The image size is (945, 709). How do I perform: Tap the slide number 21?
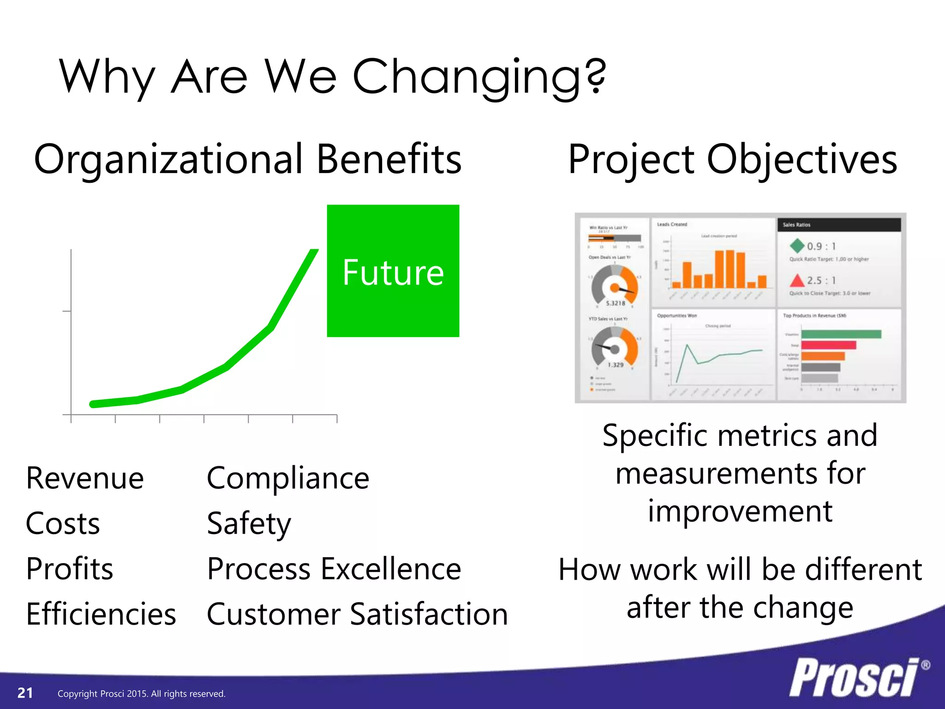25,693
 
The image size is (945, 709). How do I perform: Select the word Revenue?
85,478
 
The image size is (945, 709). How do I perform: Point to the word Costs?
63,523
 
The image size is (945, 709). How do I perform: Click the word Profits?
70,569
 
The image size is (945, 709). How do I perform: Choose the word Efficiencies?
101,614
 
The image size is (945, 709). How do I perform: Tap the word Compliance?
288,478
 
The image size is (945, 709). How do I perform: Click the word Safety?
249,524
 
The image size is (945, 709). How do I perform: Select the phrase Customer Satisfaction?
357,614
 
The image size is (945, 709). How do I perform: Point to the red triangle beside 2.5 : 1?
797,280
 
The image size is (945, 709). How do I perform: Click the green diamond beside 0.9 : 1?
797,246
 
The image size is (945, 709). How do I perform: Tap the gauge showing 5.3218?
615,286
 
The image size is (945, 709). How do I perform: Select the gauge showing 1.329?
615,348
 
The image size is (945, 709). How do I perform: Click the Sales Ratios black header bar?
839,225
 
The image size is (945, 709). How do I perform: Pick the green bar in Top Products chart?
841,334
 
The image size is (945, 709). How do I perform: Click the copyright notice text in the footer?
141,694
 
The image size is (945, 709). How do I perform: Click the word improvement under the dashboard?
740,511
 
